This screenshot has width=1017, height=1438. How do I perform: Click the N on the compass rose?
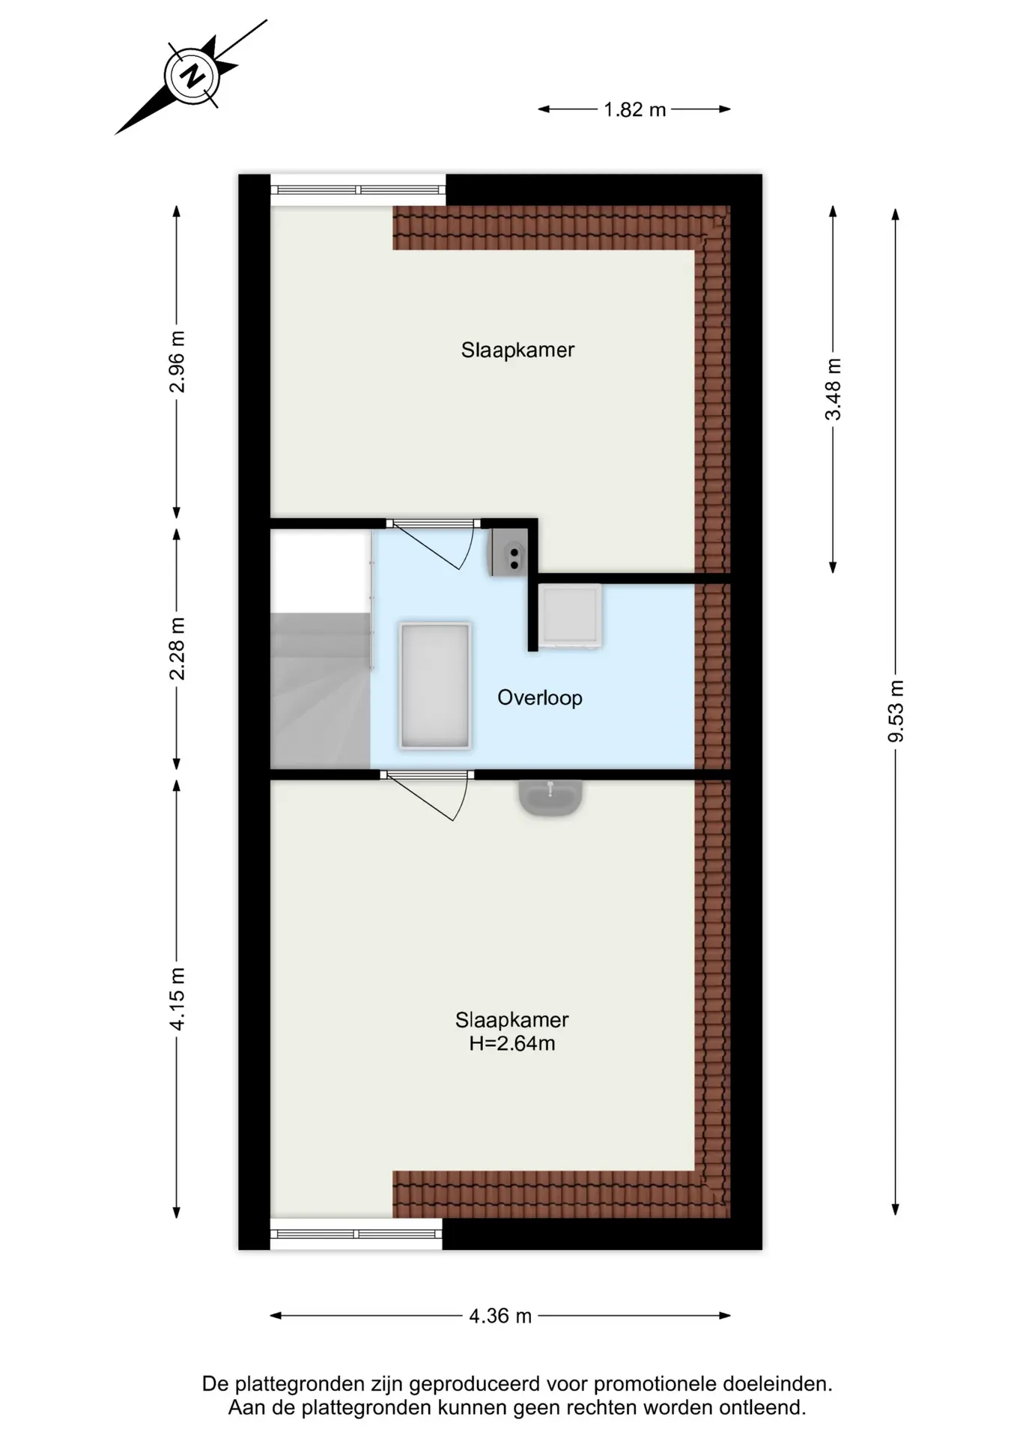[x=193, y=76]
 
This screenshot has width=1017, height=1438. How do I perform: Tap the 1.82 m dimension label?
[x=635, y=110]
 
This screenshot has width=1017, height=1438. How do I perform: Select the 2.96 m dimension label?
[x=177, y=362]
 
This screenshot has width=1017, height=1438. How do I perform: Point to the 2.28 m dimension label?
[x=177, y=649]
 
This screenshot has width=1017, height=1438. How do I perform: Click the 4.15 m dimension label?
[x=177, y=999]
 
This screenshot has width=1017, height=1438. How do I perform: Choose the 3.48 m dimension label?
[x=833, y=389]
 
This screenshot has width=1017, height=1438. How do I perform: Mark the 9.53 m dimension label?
[x=896, y=712]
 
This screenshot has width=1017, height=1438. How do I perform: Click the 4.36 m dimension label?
[x=500, y=1316]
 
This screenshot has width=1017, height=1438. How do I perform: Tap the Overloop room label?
[x=540, y=698]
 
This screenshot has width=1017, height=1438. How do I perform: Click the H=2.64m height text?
[x=512, y=1043]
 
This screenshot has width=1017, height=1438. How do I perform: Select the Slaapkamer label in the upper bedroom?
[x=517, y=351]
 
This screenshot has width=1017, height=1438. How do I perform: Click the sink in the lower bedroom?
[x=550, y=798]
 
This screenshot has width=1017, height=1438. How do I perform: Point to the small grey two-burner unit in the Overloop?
[x=509, y=552]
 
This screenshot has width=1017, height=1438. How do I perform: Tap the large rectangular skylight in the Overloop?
[x=435, y=685]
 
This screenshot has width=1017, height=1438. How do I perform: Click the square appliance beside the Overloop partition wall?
[x=571, y=616]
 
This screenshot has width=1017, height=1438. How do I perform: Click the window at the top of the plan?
[x=358, y=189]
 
